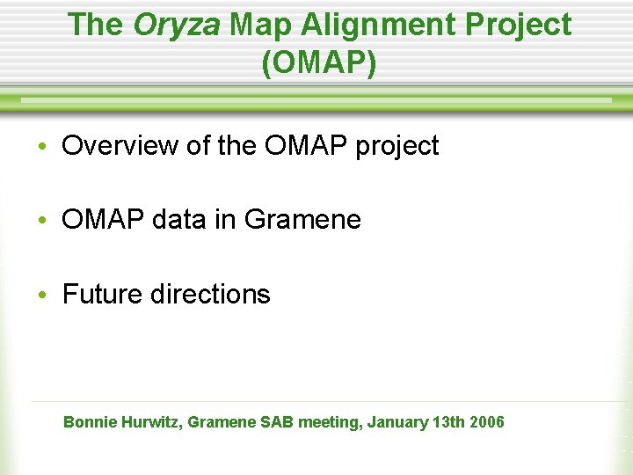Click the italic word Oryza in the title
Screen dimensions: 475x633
click(x=177, y=25)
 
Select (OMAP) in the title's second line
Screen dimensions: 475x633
click(x=318, y=63)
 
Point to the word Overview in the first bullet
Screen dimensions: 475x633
click(x=120, y=145)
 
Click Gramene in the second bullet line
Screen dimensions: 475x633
click(x=302, y=219)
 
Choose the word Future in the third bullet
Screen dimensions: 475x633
click(x=103, y=294)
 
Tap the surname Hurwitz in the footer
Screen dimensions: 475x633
click(x=152, y=422)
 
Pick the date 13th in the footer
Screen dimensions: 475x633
click(x=449, y=422)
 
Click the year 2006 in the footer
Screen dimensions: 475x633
click(x=488, y=422)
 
